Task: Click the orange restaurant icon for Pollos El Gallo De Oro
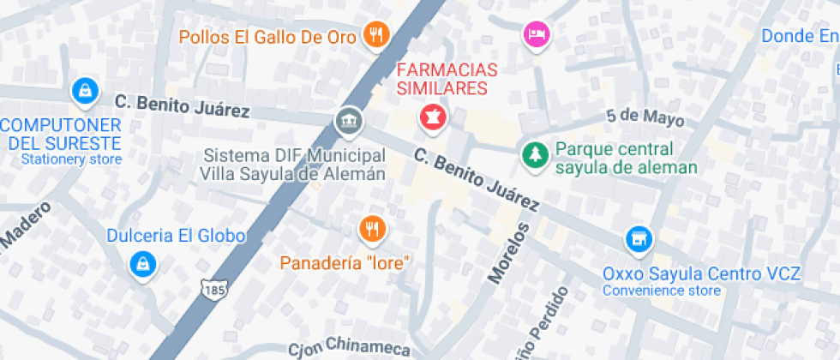pos(375,34)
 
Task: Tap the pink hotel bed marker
pos(537,34)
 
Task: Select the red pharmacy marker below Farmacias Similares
pos(432,117)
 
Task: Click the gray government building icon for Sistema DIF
pos(348,120)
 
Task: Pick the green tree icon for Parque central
pos(536,154)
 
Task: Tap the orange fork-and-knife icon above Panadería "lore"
pos(372,228)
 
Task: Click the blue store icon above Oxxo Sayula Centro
pos(638,239)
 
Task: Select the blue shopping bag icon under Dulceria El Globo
pos(142,263)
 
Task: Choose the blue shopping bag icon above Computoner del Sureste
pos(84,89)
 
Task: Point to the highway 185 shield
pos(213,289)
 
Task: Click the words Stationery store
pos(71,159)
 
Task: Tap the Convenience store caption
pos(661,291)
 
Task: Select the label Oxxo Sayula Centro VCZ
pos(701,274)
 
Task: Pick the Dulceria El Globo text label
pos(176,236)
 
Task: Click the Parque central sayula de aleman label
pos(626,158)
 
